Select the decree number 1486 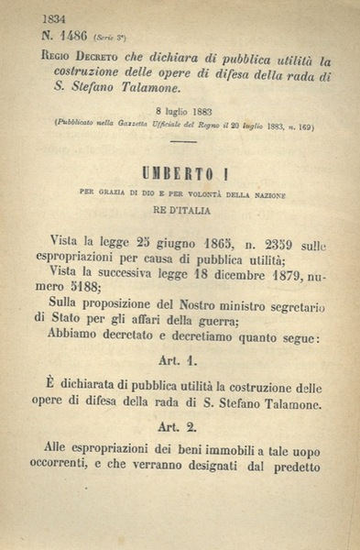tap(73, 37)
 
